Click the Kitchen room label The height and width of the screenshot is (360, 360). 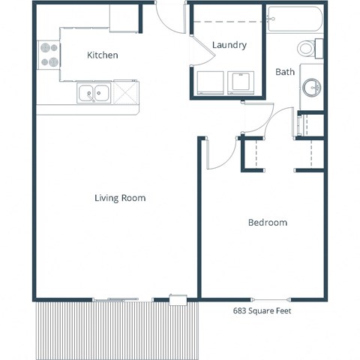pyautogui.click(x=103, y=55)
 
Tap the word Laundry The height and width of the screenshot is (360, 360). pyautogui.click(x=229, y=45)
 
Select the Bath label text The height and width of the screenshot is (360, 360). pyautogui.click(x=285, y=72)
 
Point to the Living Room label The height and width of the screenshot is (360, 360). pyautogui.click(x=120, y=198)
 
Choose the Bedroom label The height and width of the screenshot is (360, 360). pyautogui.click(x=268, y=223)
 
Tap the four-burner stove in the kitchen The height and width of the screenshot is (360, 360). pyautogui.click(x=49, y=53)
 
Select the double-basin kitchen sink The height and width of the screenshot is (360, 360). pyautogui.click(x=94, y=94)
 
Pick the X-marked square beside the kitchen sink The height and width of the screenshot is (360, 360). pyautogui.click(x=125, y=94)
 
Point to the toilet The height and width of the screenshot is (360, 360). pyautogui.click(x=308, y=49)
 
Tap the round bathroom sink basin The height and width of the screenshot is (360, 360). pyautogui.click(x=311, y=87)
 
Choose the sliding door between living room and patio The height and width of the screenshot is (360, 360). pyautogui.click(x=116, y=300)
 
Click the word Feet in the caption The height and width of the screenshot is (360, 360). pyautogui.click(x=281, y=310)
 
